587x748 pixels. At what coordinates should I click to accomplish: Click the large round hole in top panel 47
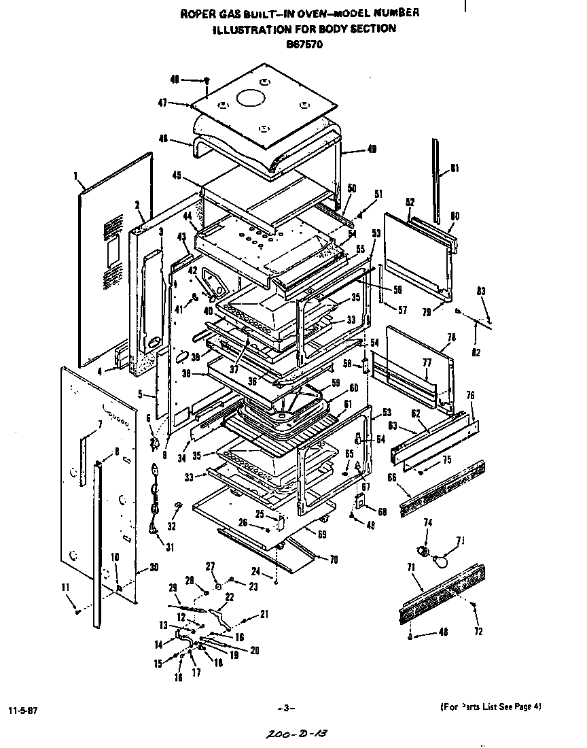point(252,98)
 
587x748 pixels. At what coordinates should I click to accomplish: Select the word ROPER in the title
point(196,14)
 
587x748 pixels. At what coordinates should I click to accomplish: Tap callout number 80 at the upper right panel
point(455,216)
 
